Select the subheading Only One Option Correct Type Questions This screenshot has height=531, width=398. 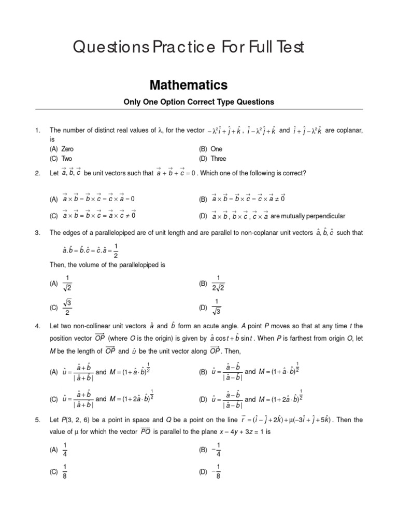(x=198, y=102)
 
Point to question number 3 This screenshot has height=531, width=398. (x=37, y=233)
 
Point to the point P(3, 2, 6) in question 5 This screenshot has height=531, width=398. (x=76, y=420)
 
